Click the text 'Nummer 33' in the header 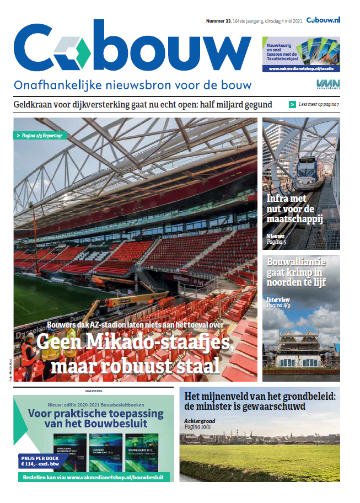coord(218,20)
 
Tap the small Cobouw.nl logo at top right coord(323,20)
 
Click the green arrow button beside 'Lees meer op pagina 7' coord(292,104)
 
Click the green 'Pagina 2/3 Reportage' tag coord(40,135)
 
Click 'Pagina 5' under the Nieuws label coord(276,241)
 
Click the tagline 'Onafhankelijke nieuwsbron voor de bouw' coord(132,85)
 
